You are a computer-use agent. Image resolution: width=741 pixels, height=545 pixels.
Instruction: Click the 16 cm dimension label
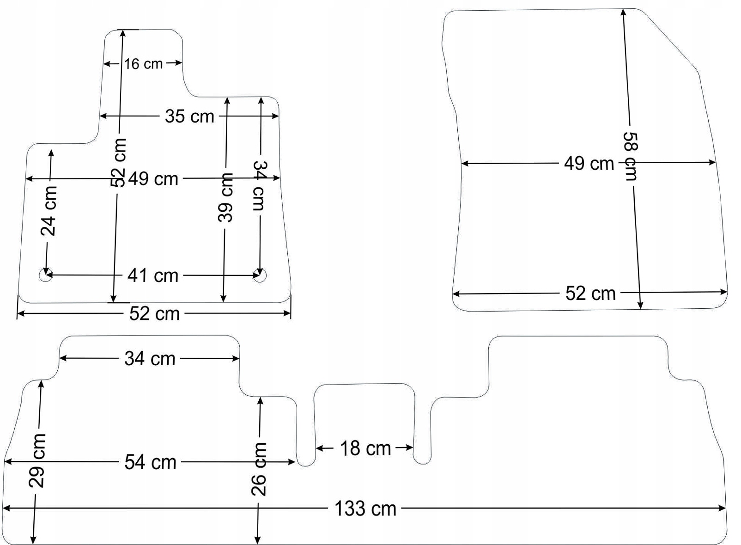[143, 64]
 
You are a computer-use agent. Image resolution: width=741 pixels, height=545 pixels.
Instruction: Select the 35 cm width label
[189, 116]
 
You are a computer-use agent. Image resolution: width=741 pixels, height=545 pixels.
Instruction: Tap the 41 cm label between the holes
[153, 276]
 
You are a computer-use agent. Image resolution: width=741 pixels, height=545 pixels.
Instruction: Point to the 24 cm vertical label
[49, 211]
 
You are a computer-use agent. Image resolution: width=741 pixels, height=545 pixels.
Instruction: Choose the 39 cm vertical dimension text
[225, 197]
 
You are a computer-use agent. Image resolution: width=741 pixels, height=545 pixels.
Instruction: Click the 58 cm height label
[631, 156]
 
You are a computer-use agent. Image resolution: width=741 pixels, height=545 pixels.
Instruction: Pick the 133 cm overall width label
[365, 508]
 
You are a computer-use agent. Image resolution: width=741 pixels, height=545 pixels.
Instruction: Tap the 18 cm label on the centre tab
[365, 449]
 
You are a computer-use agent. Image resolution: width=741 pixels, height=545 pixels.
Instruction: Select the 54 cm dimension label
[150, 463]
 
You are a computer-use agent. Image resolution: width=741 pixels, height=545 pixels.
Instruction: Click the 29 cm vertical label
[36, 460]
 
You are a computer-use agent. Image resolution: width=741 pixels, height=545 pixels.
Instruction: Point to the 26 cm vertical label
[259, 469]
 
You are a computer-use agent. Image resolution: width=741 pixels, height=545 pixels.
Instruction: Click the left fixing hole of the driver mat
[46, 275]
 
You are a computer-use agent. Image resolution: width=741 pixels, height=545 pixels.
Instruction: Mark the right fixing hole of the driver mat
[260, 275]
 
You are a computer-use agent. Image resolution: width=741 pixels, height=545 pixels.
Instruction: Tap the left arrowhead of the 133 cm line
[6, 508]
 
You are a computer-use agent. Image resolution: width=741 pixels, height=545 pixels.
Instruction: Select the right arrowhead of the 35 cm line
[275, 116]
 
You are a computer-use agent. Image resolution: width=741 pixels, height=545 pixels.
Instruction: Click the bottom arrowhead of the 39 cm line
[223, 298]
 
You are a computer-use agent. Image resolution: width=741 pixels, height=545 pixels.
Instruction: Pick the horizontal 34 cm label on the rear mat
[150, 359]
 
